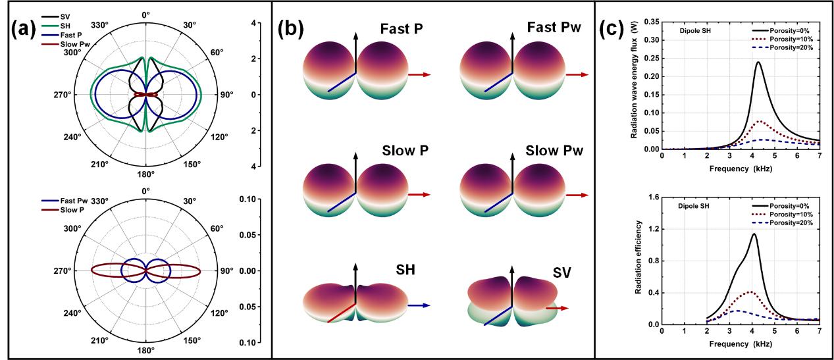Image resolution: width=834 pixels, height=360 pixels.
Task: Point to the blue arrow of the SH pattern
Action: click(x=418, y=305)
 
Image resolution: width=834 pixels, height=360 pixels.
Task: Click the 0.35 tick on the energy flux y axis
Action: click(x=651, y=22)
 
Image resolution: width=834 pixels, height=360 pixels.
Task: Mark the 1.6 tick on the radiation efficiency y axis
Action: click(x=654, y=197)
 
